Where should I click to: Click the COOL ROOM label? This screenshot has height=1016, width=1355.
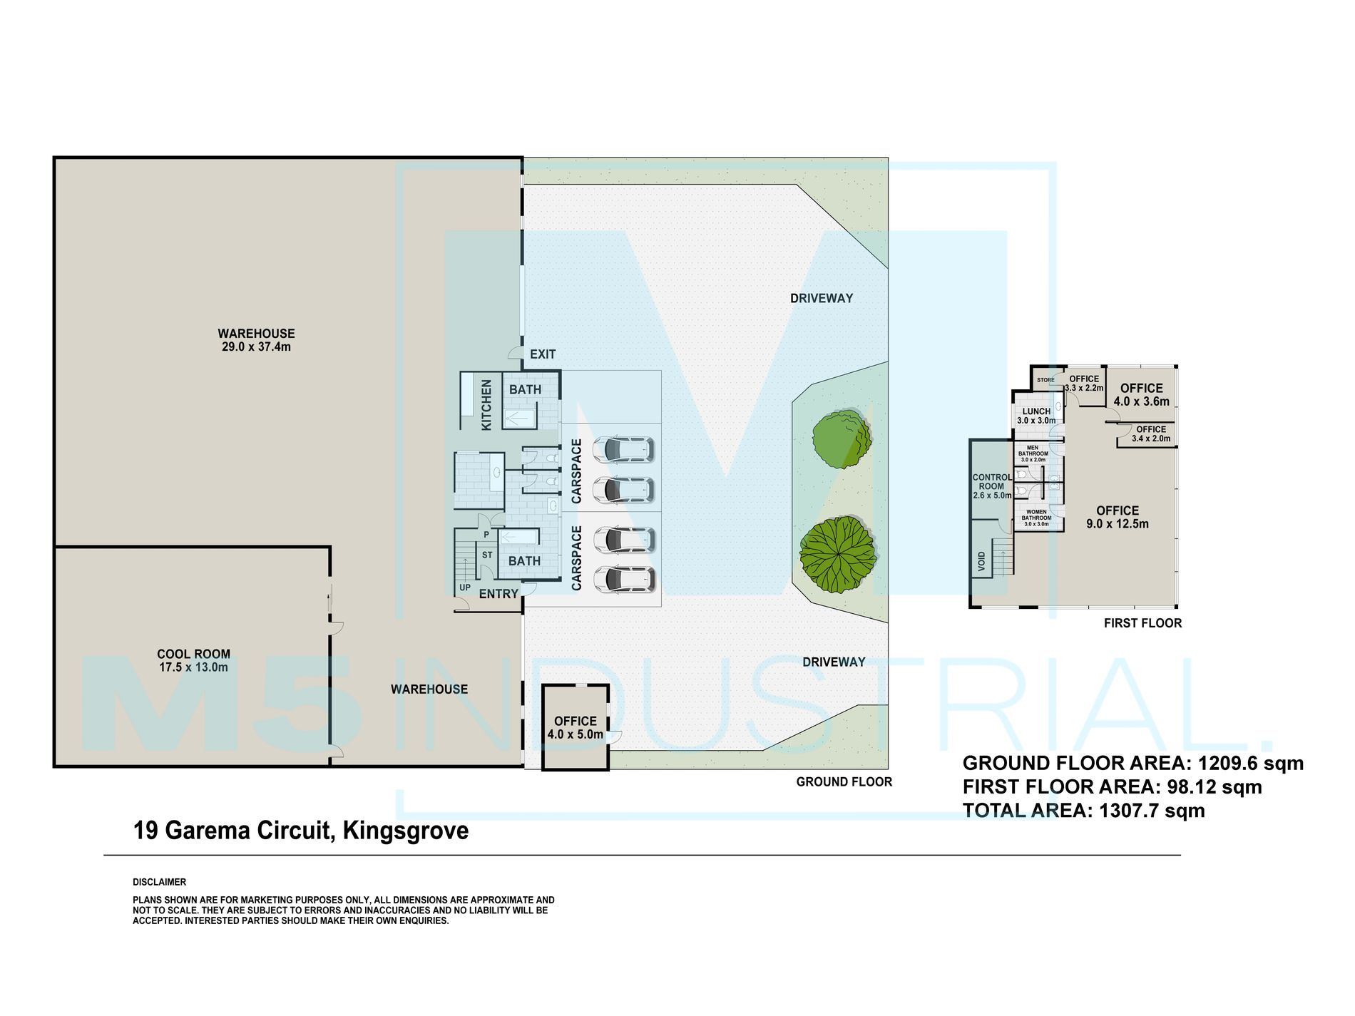pos(193,654)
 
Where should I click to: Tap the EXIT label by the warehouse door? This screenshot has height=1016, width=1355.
pos(543,354)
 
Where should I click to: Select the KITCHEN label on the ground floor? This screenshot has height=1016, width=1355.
pos(487,405)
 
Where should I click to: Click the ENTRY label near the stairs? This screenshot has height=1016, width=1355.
pos(498,594)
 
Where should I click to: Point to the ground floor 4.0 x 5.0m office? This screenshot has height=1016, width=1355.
pos(576,727)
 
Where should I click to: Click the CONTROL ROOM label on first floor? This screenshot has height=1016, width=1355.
pos(992,482)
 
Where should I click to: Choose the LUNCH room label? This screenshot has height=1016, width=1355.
pos(1036,411)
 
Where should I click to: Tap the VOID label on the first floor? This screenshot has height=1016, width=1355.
pos(982,561)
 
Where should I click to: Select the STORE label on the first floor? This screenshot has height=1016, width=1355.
pos(1045,380)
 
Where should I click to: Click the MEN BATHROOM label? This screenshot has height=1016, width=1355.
pos(1033,451)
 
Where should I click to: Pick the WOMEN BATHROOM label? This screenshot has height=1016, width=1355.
pos(1036,515)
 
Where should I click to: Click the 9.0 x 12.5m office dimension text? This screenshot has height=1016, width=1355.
pos(1118,524)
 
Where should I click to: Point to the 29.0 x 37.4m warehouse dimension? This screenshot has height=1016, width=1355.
pos(256,347)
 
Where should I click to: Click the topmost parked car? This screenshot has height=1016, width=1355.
pos(628,449)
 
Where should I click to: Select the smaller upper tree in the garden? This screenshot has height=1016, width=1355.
pos(842,439)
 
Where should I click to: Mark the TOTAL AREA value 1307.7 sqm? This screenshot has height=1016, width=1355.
pos(1152,811)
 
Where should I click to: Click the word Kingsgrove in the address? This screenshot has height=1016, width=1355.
pos(406,831)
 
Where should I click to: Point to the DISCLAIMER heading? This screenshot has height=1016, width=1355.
pos(159,882)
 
